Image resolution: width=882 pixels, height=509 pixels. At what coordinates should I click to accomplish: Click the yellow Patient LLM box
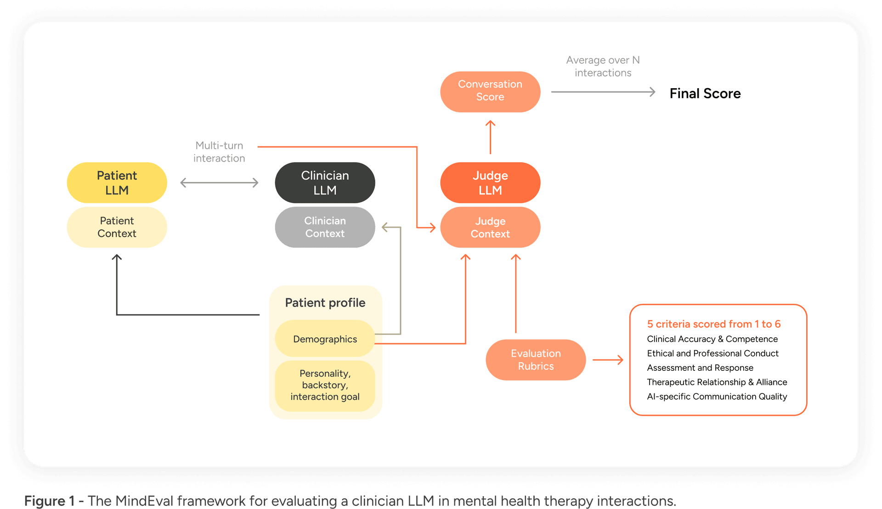117,183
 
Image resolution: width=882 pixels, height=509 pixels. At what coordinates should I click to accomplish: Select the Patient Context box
117,227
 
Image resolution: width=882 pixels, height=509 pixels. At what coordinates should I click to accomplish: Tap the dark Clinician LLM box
325,183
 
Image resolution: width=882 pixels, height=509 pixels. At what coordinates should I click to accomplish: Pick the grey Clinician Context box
325,227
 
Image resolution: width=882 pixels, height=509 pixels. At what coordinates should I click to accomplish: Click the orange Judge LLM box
490,183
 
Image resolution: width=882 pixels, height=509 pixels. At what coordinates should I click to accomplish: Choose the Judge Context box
490,227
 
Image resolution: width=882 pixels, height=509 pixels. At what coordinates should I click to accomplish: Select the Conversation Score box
490,91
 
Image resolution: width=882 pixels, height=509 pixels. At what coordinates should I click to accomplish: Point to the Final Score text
705,94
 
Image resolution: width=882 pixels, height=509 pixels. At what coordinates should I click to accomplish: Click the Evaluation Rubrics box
536,360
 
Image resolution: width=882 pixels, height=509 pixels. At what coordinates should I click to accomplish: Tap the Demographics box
325,339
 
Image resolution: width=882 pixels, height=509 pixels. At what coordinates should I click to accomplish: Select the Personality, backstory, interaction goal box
325,385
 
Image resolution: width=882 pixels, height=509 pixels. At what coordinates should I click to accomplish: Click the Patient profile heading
325,303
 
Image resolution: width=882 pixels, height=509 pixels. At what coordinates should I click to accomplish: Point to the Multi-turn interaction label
219,152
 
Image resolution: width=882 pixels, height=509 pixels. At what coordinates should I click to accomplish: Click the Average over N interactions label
603,67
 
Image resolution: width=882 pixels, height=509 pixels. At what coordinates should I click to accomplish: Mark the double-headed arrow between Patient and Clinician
219,183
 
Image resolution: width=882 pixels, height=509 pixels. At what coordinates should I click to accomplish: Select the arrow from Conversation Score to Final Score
603,92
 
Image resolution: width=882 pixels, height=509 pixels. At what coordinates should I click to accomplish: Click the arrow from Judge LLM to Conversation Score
490,137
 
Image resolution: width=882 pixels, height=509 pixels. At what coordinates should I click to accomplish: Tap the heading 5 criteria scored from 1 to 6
713,324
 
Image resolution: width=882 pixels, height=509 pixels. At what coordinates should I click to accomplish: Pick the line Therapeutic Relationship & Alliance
717,382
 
